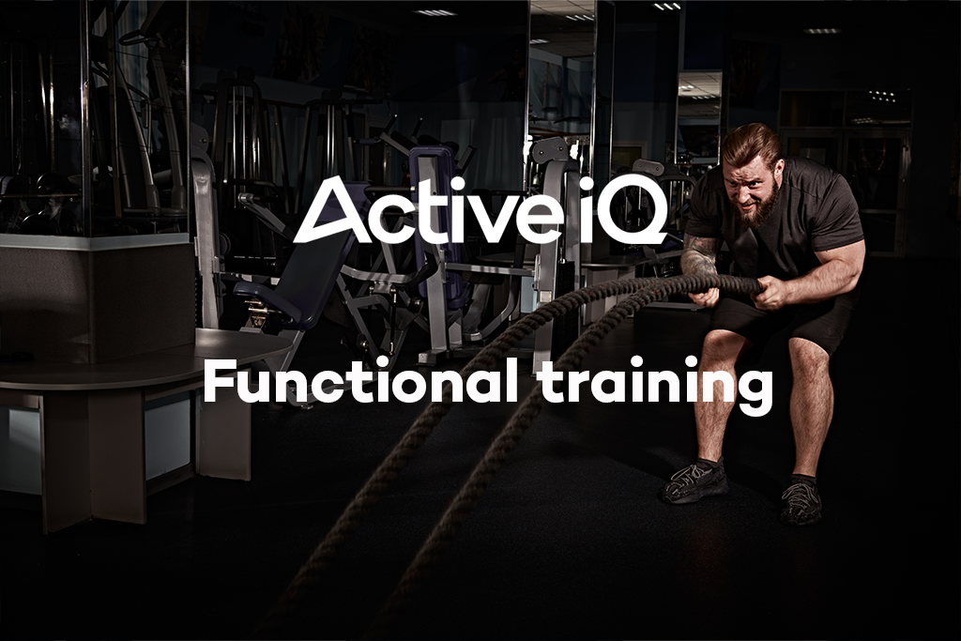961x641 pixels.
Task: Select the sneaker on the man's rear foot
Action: click(x=801, y=503)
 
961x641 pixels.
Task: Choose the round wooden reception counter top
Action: click(x=141, y=360)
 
